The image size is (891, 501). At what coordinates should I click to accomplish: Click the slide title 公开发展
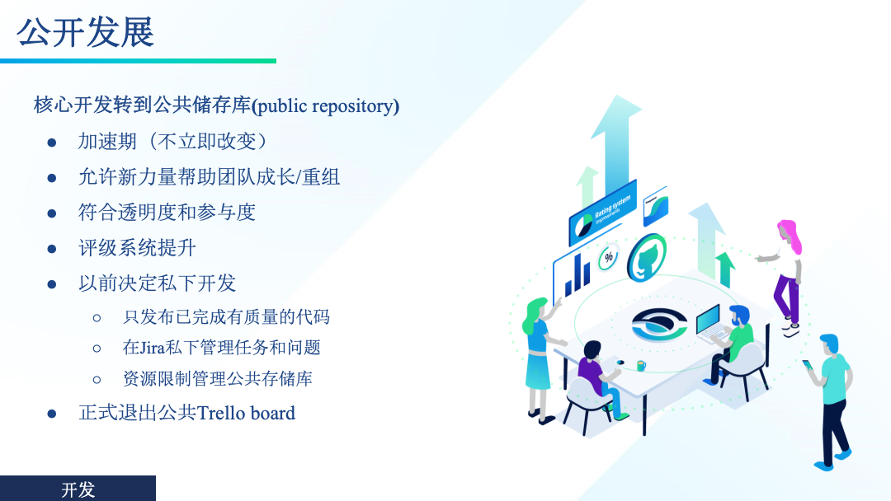85,32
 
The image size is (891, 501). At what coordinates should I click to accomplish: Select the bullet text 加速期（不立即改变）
172,141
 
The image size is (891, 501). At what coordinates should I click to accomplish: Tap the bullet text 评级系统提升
137,248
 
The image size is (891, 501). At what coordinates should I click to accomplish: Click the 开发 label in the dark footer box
78,489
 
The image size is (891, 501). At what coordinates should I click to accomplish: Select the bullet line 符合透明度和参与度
167,213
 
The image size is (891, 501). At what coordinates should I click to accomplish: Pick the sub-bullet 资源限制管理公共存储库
218,378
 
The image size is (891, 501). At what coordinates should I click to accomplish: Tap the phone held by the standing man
807,364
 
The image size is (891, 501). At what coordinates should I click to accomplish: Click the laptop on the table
710,323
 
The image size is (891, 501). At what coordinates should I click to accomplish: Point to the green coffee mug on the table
641,365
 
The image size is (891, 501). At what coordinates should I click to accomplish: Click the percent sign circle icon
609,258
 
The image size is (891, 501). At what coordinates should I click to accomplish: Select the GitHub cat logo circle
648,258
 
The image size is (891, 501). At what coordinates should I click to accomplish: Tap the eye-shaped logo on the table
659,325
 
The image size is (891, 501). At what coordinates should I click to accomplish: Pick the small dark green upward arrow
725,269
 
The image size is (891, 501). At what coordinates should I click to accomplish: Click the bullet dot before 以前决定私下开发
52,284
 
